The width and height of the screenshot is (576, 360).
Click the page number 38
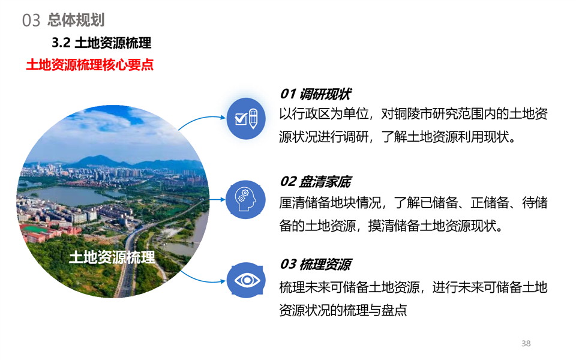526,343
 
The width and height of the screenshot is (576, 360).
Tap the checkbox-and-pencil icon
246,118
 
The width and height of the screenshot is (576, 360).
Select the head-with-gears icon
245,199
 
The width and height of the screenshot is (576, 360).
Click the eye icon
246,280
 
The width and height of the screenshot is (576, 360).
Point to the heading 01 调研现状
315,94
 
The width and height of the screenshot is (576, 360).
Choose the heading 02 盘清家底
315,181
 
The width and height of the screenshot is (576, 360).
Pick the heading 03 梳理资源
315,264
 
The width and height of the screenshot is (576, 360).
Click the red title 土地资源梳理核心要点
89,65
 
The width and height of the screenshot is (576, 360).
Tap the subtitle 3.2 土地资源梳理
101,43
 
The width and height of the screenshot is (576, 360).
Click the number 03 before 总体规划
31,20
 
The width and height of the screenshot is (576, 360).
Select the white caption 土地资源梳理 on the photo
112,257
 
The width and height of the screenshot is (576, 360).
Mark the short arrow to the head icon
217,199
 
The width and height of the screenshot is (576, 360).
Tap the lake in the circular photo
70,194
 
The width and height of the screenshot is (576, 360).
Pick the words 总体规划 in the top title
76,20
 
